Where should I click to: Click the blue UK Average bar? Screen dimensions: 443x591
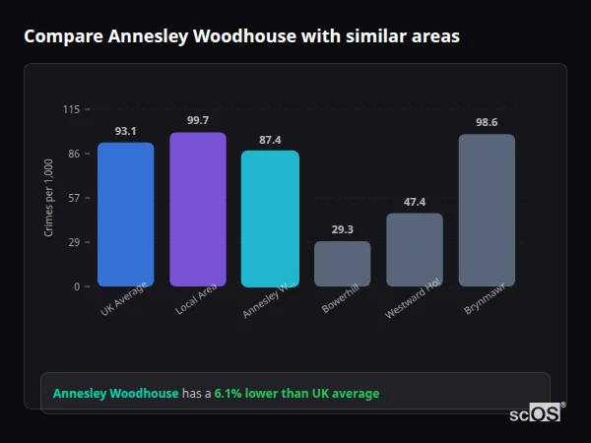pyautogui.click(x=125, y=214)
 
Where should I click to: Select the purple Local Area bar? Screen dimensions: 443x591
pyautogui.click(x=198, y=209)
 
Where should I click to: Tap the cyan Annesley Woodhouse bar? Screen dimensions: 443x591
pyautogui.click(x=270, y=218)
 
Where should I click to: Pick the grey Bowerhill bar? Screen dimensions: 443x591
pyautogui.click(x=342, y=263)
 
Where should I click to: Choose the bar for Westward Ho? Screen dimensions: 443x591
pyautogui.click(x=415, y=249)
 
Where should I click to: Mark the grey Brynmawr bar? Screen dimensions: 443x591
pyautogui.click(x=487, y=210)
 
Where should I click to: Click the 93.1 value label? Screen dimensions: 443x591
pyautogui.click(x=125, y=131)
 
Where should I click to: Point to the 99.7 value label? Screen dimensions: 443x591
pyautogui.click(x=198, y=120)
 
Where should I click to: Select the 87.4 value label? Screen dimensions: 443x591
pyautogui.click(x=270, y=140)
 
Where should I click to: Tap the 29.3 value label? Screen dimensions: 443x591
pyautogui.click(x=342, y=229)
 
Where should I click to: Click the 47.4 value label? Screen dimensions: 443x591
pyautogui.click(x=415, y=202)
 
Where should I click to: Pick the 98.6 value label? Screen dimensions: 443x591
pyautogui.click(x=487, y=122)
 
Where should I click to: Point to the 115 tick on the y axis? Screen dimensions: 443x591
pyautogui.click(x=71, y=109)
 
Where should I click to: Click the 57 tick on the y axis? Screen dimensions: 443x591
pyautogui.click(x=74, y=198)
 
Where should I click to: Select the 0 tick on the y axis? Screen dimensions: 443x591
pyautogui.click(x=77, y=286)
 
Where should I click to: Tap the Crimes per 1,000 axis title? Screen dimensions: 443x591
pyautogui.click(x=49, y=198)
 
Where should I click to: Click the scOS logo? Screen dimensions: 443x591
pyautogui.click(x=536, y=413)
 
